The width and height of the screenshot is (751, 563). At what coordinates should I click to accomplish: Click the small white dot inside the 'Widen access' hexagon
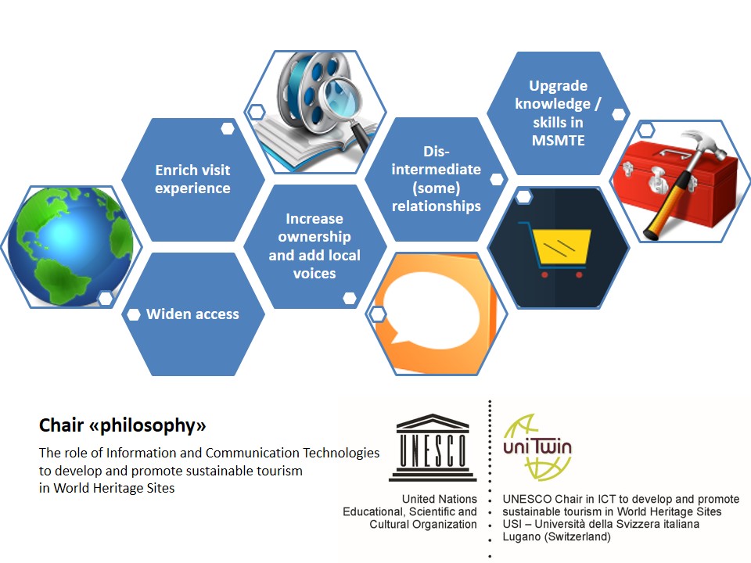click(x=133, y=314)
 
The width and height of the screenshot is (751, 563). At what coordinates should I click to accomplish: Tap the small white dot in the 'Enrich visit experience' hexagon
click(x=228, y=128)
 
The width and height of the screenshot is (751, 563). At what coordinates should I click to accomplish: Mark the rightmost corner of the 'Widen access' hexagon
click(x=265, y=314)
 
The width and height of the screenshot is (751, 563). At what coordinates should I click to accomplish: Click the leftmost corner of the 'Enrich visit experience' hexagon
click(x=122, y=180)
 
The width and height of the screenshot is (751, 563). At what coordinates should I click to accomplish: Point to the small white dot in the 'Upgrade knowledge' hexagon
click(x=619, y=114)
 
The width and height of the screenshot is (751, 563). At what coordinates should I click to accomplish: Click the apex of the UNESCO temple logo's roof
click(x=433, y=414)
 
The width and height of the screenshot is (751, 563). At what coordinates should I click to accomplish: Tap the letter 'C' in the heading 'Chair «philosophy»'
click(x=45, y=425)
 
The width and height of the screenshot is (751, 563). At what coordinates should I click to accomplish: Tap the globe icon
click(x=71, y=246)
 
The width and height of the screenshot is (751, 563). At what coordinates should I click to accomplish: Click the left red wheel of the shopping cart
click(x=544, y=274)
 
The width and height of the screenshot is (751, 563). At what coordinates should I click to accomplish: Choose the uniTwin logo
click(x=537, y=447)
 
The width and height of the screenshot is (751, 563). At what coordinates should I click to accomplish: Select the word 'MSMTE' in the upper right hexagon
click(x=558, y=141)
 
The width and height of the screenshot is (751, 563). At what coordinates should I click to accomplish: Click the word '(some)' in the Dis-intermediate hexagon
click(x=436, y=188)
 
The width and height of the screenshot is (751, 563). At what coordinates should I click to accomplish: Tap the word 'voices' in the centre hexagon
click(x=314, y=274)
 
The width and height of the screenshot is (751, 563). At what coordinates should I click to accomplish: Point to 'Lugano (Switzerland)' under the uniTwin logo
click(x=556, y=536)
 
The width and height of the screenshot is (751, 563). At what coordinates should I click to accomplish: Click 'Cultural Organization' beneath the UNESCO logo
click(x=423, y=524)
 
